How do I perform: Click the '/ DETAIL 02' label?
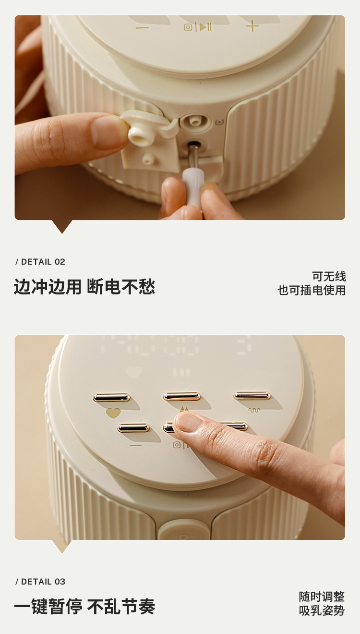click(x=40, y=262)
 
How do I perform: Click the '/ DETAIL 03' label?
click(x=40, y=582)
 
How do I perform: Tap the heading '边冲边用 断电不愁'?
click(x=84, y=287)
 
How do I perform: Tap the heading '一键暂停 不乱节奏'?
click(x=84, y=607)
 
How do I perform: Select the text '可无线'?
click(x=329, y=276)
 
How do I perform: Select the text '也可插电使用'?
click(x=312, y=290)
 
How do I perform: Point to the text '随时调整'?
click(x=322, y=597)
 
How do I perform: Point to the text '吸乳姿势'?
click(x=322, y=610)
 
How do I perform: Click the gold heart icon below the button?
click(x=113, y=413)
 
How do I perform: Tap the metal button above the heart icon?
click(x=111, y=397)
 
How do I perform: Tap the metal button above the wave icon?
click(x=252, y=396)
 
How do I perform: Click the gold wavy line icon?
click(x=254, y=410)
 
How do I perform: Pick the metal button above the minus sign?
click(x=133, y=427)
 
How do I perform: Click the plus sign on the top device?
click(x=252, y=26)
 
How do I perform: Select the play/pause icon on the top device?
click(x=197, y=27)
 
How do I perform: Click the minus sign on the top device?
click(x=142, y=28)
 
